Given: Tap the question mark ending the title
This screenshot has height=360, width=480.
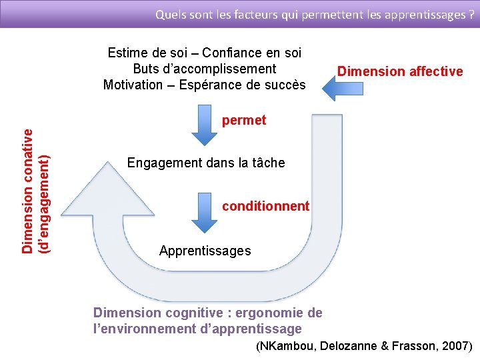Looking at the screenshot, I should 471,13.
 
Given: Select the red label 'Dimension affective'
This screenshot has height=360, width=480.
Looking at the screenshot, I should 400,71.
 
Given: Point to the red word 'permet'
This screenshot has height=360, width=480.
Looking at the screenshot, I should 244,121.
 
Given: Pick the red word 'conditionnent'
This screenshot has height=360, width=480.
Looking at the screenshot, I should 265,206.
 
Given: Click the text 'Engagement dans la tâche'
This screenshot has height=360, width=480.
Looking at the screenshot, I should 206,163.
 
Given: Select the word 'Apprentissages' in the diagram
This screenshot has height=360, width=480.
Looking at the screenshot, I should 205,251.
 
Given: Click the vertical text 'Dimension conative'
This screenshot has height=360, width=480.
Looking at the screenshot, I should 28,191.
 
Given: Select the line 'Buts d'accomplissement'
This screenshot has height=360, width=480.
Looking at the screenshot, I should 205,69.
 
